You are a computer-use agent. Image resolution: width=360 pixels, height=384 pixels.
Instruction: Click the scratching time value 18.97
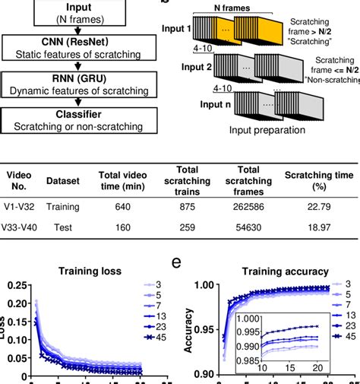[319, 227]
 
